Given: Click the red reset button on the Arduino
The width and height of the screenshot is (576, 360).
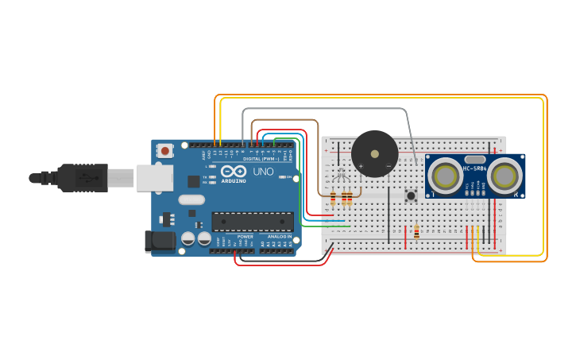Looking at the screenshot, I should coord(164,149).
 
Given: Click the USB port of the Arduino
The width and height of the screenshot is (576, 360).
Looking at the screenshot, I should coord(154,177).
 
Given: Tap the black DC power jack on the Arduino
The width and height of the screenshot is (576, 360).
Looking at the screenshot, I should coord(160,242).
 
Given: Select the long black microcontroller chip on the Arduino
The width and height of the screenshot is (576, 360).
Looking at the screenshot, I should coord(252,222).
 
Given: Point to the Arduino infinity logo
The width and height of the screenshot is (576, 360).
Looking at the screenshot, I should coord(234,171).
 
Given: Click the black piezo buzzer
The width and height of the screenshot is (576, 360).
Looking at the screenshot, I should coord(374,153).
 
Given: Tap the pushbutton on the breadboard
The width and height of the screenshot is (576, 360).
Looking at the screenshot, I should coord(411,195).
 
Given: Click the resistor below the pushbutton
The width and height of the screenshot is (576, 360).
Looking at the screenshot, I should coord(416,232).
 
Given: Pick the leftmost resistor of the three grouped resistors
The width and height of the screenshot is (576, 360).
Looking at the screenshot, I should coord(332,199).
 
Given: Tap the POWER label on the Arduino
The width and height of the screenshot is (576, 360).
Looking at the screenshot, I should coord(245,237).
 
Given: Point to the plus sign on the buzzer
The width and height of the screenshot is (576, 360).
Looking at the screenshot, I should coord(361,166).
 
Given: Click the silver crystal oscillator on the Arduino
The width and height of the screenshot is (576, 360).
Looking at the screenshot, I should coord(191,200).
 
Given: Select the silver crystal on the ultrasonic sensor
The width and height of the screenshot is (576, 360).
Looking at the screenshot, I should coord(475,158).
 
